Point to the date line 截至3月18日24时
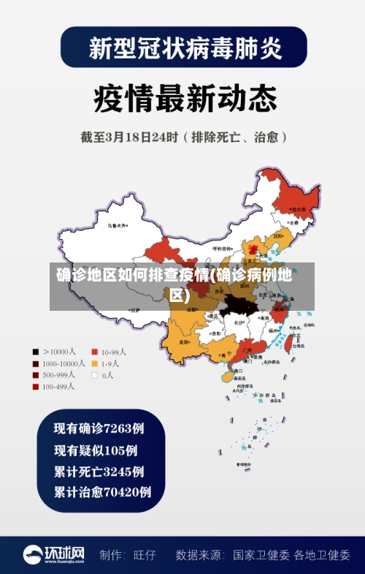[182, 137]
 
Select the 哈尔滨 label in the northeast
[299, 209]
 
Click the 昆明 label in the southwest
[184, 341]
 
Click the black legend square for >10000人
[36, 351]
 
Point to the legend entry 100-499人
[57, 386]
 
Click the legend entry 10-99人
[113, 351]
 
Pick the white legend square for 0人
[94, 374]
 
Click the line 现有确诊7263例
[99, 427]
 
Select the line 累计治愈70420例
[102, 491]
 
